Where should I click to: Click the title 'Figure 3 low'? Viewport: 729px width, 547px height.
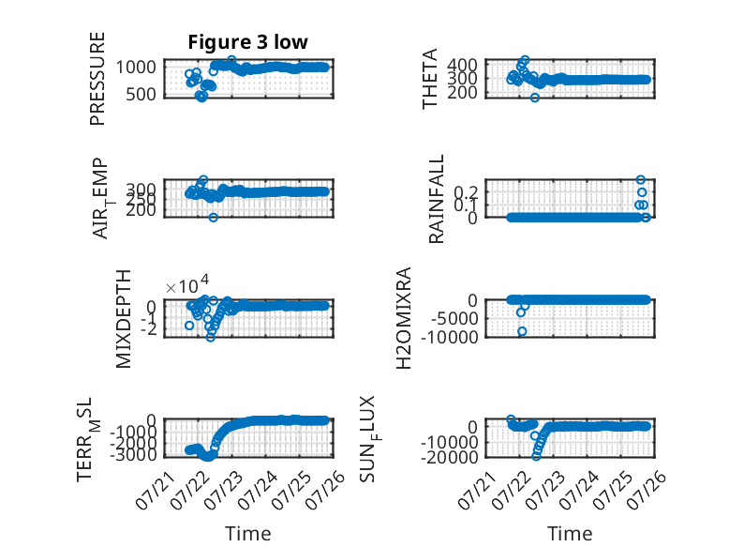click(x=247, y=42)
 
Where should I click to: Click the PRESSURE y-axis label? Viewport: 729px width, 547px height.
click(x=97, y=79)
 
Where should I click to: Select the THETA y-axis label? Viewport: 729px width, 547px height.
click(x=429, y=79)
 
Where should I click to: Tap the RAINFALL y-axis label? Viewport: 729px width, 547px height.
click(x=436, y=199)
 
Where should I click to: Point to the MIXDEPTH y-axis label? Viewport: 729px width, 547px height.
click(x=124, y=319)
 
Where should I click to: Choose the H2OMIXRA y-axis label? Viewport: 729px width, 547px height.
click(x=404, y=318)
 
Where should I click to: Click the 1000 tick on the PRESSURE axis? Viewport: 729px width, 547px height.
click(x=136, y=67)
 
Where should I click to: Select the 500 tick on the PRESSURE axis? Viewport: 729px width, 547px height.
click(x=141, y=94)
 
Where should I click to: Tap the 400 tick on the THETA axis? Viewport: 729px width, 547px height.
click(x=462, y=64)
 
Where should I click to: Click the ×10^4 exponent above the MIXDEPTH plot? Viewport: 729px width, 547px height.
click(x=187, y=285)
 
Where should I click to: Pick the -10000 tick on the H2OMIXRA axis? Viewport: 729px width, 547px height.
click(x=449, y=337)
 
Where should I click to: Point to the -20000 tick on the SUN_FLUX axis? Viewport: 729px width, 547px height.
click(x=449, y=457)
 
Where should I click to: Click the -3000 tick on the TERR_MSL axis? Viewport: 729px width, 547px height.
click(x=132, y=454)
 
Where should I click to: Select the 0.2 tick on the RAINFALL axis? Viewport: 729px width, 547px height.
click(x=466, y=191)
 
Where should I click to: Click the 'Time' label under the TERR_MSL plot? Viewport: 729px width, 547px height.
click(x=247, y=533)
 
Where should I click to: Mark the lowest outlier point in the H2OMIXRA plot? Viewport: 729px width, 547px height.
click(x=522, y=331)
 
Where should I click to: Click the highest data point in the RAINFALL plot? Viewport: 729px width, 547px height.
click(x=641, y=180)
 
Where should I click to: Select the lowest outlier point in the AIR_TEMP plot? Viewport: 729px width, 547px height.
click(x=213, y=218)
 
